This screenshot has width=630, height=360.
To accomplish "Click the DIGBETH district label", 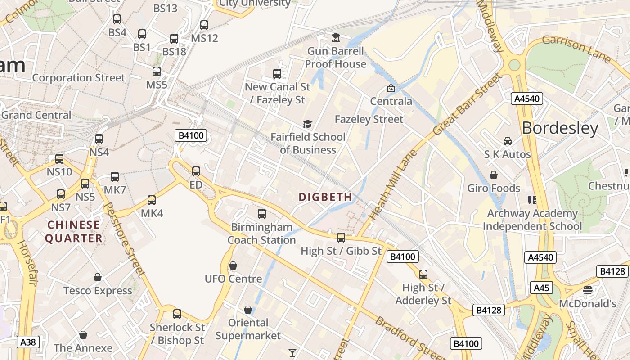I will [325, 197].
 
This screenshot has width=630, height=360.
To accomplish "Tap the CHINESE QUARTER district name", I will [73, 231].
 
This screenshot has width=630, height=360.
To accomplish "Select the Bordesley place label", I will [560, 128].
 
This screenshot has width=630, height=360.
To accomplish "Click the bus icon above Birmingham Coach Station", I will [262, 214].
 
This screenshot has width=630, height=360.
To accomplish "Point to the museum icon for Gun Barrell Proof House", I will [336, 37].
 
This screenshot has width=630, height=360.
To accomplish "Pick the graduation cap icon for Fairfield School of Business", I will [307, 124].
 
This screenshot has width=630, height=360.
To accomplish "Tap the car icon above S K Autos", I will [508, 141].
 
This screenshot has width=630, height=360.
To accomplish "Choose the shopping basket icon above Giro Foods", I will [494, 175].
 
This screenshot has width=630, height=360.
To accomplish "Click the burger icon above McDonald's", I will [587, 290].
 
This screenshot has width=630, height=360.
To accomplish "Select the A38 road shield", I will [28, 342].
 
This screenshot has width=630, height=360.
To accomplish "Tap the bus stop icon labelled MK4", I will [152, 200].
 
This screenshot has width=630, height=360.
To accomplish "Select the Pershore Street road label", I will [125, 239].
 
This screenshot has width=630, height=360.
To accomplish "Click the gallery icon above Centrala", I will [391, 88].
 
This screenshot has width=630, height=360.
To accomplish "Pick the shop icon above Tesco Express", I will [98, 277].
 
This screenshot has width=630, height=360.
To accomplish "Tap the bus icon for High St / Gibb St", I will [341, 238].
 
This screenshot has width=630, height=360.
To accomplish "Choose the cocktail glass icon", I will [292, 352].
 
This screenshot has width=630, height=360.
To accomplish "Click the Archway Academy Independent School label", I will [532, 220].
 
